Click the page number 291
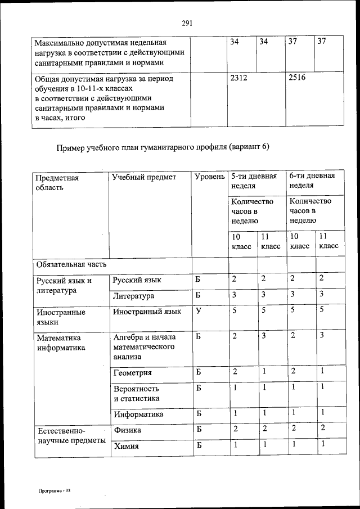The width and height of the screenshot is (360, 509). pos(187,23)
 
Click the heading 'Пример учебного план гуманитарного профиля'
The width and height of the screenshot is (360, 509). pos(163,147)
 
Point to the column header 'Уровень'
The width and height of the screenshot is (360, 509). pos(209,177)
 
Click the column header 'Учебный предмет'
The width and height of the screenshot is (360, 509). pos(144,177)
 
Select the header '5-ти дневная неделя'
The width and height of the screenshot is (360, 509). pos(254,181)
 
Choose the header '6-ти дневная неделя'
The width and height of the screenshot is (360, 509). pos(312,181)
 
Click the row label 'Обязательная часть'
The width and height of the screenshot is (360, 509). pos(71,264)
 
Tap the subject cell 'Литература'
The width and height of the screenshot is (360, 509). pos(133,296)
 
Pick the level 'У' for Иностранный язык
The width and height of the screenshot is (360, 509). pos(199,310)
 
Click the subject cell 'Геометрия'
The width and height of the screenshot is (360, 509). pos(133,372)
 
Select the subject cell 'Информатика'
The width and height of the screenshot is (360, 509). pos(138,414)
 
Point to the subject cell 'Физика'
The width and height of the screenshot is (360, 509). pos(127,430)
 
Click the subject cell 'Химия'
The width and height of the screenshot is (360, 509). pos(126,447)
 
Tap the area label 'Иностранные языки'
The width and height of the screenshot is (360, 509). pos(61,317)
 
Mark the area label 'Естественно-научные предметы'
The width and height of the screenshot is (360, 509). pos(71,435)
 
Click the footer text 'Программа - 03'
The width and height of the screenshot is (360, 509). pos(53,490)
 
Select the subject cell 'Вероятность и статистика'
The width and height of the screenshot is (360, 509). pos(137,393)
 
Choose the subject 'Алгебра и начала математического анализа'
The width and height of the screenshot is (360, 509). pos(145,346)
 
